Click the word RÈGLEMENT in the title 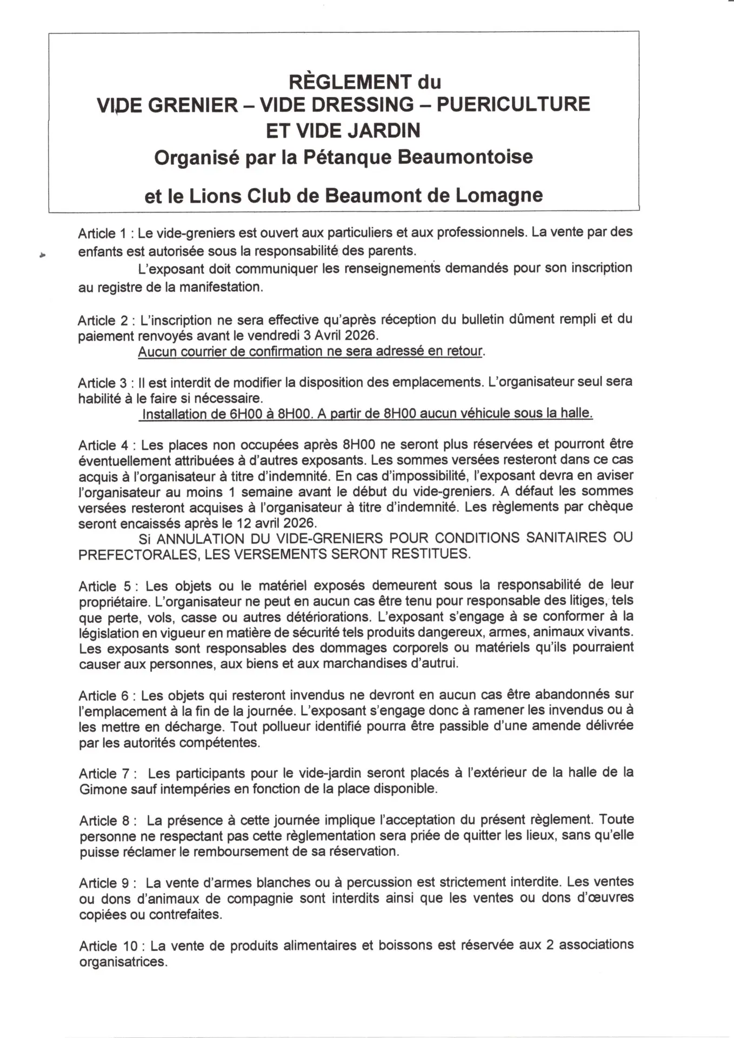pyautogui.click(x=349, y=82)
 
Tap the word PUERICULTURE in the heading pyautogui.click(x=513, y=104)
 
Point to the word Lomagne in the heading pyautogui.click(x=498, y=195)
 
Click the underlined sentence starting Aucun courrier pyautogui.click(x=310, y=351)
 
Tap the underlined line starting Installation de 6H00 pyautogui.click(x=366, y=414)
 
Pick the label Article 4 pyautogui.click(x=104, y=445)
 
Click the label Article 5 pyautogui.click(x=105, y=587)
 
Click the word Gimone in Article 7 pyautogui.click(x=103, y=789)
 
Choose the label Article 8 pyautogui.click(x=104, y=821)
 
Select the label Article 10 pyautogui.click(x=108, y=946)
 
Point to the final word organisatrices pyautogui.click(x=123, y=962)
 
